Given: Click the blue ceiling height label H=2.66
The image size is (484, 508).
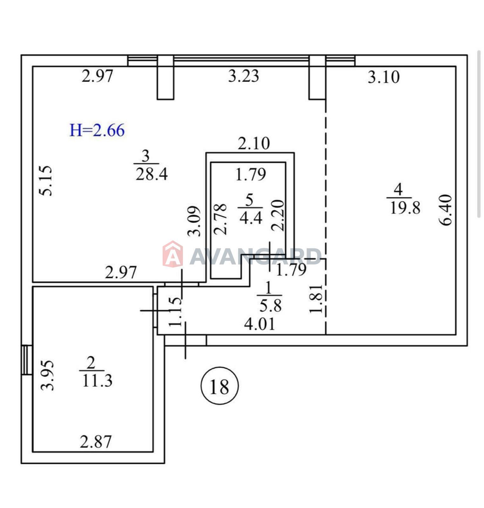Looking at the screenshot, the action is pos(97,130).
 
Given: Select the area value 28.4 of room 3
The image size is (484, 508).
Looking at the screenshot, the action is pos(151,174).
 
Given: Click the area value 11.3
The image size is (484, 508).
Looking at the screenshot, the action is pos(97,380).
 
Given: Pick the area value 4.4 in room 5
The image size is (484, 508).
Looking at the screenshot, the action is pos(251,218).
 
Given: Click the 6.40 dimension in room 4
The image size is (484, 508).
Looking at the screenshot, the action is pos(446,210).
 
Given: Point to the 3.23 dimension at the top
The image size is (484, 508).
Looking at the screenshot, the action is pos(244,76).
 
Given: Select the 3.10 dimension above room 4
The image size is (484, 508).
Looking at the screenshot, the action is pos(384,77).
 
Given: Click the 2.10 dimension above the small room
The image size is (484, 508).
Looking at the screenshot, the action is pos(254,144).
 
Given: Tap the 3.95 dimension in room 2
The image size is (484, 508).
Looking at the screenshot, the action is pos(48,375).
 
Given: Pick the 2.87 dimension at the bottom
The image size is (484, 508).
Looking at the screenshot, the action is pos(96,442).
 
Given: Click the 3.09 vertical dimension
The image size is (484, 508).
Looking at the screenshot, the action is pos(194,221).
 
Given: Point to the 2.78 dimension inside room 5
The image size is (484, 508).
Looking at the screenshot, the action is pos(220,219).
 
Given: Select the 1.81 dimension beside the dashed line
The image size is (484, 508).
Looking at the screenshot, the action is pos(316,298).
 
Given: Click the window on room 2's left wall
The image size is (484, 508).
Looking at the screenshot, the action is pos(27,360).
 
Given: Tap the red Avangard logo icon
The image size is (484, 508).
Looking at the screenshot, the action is pos(173,254).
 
